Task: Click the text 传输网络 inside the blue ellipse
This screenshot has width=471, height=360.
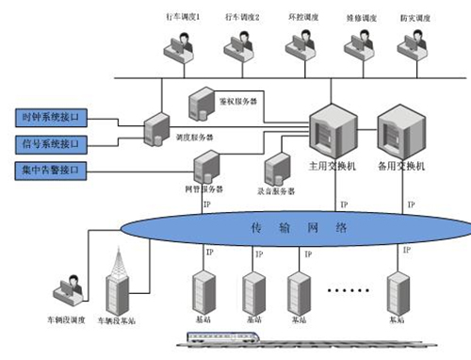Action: [288, 229]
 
